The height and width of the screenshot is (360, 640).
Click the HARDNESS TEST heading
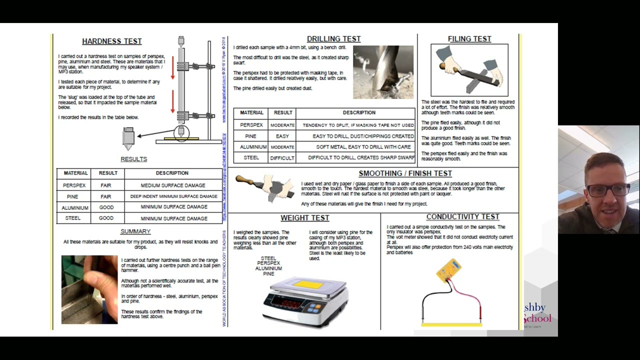(111, 41)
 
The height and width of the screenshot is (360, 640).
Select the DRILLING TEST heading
(333, 39)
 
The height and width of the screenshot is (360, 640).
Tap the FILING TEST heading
(469, 39)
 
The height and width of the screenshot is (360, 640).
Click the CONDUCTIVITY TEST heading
(462, 217)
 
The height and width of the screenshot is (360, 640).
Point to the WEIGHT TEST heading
(304, 218)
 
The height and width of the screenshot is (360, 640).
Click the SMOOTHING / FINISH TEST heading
(405, 173)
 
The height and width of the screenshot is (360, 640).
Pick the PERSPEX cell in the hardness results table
(74, 185)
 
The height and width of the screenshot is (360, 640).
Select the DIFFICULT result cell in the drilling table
(282, 158)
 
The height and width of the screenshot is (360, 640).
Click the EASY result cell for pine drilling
(282, 136)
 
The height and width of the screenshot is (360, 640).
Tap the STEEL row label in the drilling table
(251, 158)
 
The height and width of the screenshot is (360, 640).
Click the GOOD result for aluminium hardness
(106, 207)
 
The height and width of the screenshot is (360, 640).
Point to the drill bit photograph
(383, 72)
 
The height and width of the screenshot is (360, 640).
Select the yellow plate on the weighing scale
(308, 285)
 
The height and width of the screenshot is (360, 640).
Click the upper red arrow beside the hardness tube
(173, 68)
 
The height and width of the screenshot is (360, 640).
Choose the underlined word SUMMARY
(135, 231)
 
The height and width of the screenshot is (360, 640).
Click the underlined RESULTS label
(133, 159)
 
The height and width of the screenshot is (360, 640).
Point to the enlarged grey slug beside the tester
(128, 138)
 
